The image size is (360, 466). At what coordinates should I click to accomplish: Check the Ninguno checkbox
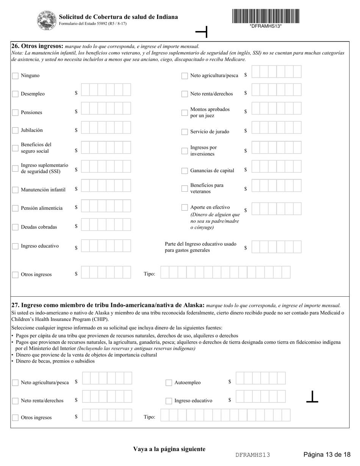tap(15, 76)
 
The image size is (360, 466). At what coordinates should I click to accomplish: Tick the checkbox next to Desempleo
tap(15, 94)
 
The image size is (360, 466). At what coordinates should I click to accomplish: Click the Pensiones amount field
tap(106, 108)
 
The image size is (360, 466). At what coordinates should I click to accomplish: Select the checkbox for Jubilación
tap(15, 130)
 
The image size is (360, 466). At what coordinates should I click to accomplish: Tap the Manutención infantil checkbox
tap(15, 190)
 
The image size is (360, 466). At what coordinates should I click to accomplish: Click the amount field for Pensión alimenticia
tap(106, 206)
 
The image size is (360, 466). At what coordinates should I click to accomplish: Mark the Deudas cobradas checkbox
tap(15, 227)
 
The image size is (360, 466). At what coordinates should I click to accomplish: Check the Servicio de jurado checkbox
tap(185, 132)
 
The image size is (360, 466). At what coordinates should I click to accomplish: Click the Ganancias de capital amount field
tap(276, 167)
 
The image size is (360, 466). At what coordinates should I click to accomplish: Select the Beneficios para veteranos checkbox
tap(185, 188)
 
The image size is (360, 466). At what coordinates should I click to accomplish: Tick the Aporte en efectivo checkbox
tap(185, 207)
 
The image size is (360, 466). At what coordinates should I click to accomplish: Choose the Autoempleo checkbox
tap(169, 383)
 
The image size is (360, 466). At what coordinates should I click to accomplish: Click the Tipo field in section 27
tap(225, 415)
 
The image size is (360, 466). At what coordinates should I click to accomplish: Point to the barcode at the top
tap(266, 16)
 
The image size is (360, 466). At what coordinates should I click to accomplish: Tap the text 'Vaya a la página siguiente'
tap(169, 449)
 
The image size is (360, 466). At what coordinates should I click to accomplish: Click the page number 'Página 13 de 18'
tap(327, 454)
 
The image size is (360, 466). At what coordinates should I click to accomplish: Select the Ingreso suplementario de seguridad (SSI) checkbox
tap(15, 169)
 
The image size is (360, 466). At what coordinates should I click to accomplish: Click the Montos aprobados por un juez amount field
tap(276, 108)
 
